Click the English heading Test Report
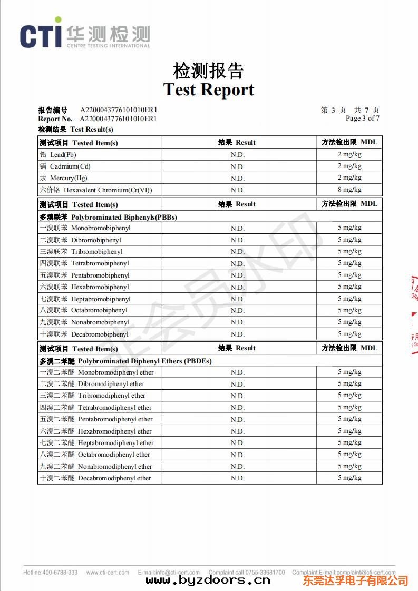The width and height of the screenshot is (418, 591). [209, 90]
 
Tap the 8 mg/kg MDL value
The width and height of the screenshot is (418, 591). [349, 190]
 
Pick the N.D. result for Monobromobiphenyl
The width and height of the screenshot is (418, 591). [237, 229]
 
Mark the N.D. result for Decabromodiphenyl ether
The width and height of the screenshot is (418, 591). [237, 478]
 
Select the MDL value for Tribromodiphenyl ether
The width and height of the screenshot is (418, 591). [349, 396]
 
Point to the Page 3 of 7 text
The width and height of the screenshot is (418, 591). [362, 119]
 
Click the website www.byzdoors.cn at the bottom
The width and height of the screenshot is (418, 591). [208, 580]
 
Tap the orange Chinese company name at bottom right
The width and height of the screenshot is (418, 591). [355, 580]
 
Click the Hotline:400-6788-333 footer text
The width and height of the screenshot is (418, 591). [50, 573]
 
